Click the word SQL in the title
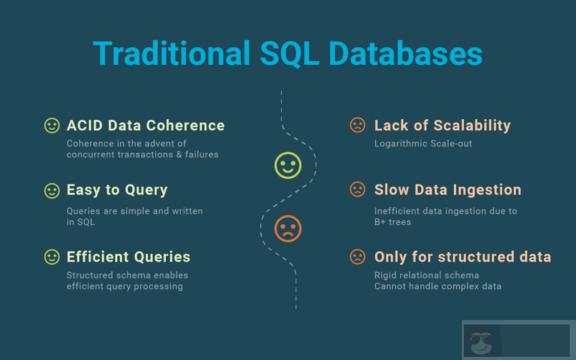(x=289, y=53)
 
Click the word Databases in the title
(x=405, y=53)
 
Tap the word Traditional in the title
(x=172, y=53)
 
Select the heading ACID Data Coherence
(x=145, y=125)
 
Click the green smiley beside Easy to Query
(x=52, y=190)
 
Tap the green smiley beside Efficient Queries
(x=52, y=257)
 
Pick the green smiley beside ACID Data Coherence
(x=52, y=125)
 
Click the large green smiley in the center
(x=288, y=165)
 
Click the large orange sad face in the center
(x=288, y=228)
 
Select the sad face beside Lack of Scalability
(x=357, y=125)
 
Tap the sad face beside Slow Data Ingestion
(x=357, y=190)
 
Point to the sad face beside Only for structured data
(x=357, y=257)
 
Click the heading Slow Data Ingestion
(x=448, y=190)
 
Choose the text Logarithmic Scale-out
(x=423, y=144)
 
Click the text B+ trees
(x=392, y=222)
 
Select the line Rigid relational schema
(x=426, y=275)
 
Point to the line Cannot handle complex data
(x=438, y=286)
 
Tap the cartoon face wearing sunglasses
(x=481, y=343)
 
